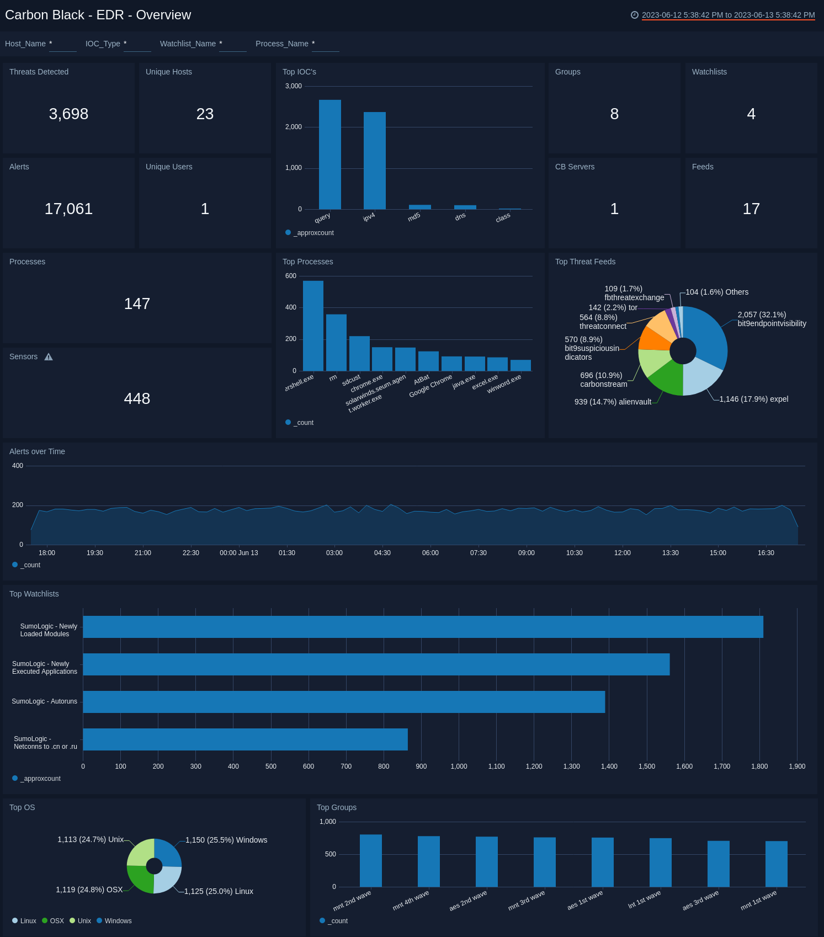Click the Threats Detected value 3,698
(68, 114)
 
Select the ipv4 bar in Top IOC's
(374, 161)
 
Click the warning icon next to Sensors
(49, 357)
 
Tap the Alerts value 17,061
(68, 209)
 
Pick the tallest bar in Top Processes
(313, 326)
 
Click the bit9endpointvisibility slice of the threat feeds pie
(707, 337)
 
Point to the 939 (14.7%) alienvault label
(613, 402)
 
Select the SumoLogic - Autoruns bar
(344, 702)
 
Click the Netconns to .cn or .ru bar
(245, 739)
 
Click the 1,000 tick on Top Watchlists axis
(459, 766)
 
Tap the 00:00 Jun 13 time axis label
(238, 553)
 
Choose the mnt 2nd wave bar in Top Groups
(370, 860)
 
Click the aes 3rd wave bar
(718, 864)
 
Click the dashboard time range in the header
(727, 15)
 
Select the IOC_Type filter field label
(103, 44)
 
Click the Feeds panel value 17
(751, 209)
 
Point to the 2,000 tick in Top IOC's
(293, 127)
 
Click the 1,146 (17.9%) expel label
(753, 399)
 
